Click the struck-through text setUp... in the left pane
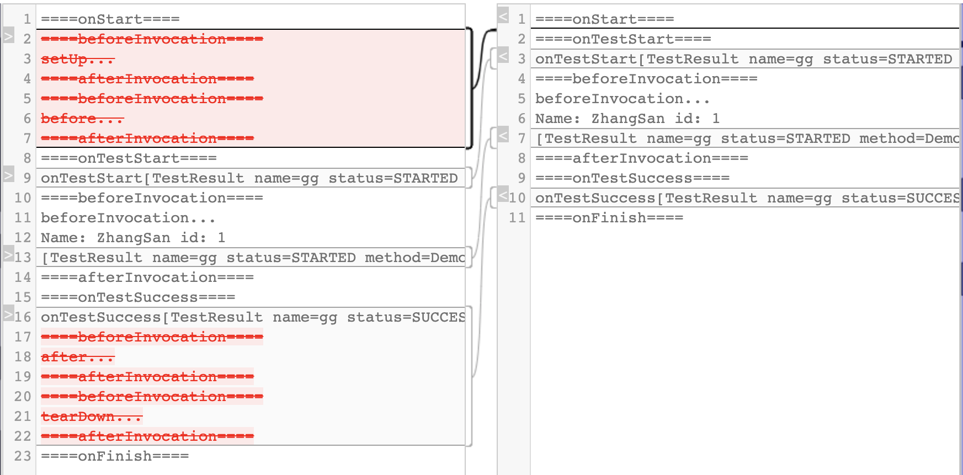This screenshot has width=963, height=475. pos(77,59)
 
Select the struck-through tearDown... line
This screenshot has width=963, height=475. pos(92,417)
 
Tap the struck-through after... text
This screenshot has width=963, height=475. pos(77,357)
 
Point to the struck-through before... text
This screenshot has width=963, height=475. pos(82,119)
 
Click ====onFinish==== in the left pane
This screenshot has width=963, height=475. pos(115,456)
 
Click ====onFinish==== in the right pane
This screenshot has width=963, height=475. pos(609,218)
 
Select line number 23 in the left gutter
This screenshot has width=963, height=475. pos(23,456)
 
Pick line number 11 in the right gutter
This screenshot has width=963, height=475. pos(517,218)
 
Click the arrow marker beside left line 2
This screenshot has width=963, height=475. pos(8,37)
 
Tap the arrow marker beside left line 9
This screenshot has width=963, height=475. pos(8,175)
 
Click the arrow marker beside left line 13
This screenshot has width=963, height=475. pos(8,255)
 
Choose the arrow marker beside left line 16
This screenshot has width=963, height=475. pos(8,314)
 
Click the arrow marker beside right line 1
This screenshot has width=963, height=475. pos(503,17)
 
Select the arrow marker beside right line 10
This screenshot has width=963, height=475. pos(503,195)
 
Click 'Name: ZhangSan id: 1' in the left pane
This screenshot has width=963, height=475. pos(133,238)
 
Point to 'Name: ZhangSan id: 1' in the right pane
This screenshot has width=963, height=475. pos(627,119)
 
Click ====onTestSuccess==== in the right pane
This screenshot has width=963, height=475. pos(632,178)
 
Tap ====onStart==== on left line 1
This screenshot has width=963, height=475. pos(110,19)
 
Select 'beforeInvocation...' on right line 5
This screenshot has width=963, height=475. pos(623,99)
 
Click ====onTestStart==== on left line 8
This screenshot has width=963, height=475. pos(129,158)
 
